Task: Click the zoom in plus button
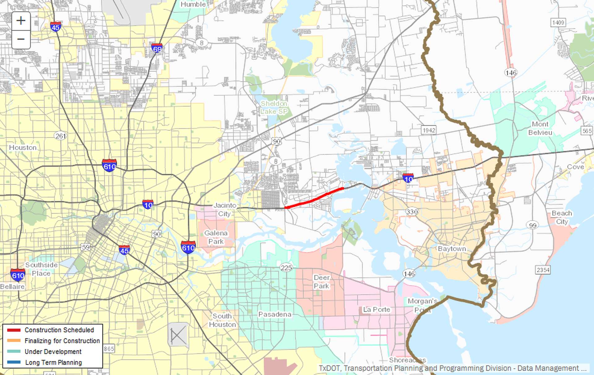21,21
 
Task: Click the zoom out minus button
21,39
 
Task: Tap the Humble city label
193,4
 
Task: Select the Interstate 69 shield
157,48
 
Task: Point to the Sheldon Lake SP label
274,107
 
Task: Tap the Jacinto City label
225,209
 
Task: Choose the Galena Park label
216,237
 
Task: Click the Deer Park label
321,282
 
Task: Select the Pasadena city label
275,314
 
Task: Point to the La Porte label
376,309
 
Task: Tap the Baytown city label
452,249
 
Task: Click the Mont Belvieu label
540,128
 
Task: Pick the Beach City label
562,217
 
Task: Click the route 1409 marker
558,23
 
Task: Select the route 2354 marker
543,270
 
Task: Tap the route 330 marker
412,212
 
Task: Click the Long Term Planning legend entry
53,362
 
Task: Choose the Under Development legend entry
53,352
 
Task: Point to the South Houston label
222,320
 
